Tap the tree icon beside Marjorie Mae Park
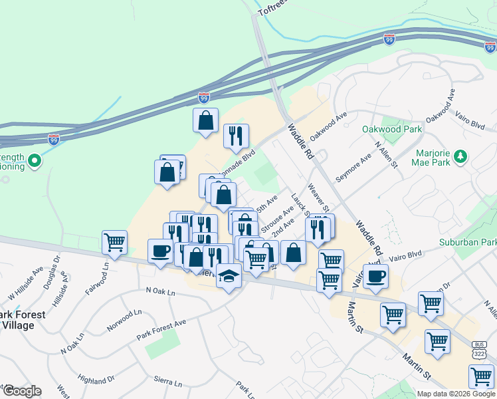click(x=459, y=157)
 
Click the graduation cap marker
click(x=229, y=276)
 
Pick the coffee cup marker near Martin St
click(x=375, y=276)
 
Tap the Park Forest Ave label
click(x=161, y=328)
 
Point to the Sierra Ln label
click(x=168, y=383)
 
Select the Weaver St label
click(x=318, y=198)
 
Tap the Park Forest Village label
click(x=23, y=319)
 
